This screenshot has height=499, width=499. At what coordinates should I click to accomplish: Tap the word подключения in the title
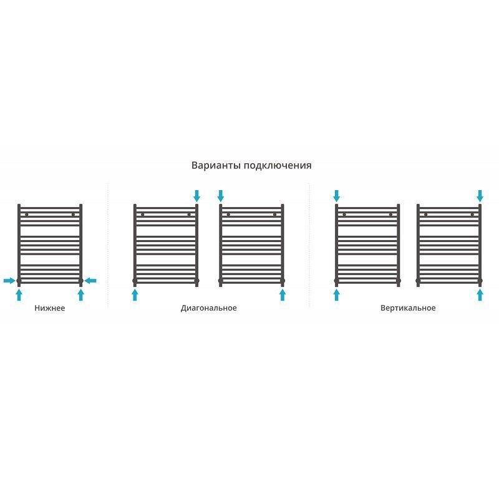click(x=278, y=166)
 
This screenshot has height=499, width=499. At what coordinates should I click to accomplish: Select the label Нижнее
click(x=50, y=308)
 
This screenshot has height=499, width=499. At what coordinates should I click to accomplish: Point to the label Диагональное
click(x=209, y=308)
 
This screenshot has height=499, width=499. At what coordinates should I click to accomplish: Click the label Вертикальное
click(x=408, y=308)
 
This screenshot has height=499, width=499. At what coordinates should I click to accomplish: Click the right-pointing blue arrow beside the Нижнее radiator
click(x=9, y=281)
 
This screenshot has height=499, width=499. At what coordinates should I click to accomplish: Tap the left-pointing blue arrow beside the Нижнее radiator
click(x=90, y=281)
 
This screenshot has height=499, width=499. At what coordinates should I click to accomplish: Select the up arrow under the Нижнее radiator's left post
click(x=19, y=295)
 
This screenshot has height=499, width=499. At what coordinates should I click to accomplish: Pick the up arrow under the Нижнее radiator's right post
click(x=81, y=295)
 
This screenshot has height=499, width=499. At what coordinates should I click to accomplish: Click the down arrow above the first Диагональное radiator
click(x=196, y=196)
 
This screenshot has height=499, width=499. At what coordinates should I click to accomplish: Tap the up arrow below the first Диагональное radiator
click(x=135, y=295)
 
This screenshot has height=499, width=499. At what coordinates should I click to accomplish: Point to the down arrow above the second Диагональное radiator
click(x=221, y=196)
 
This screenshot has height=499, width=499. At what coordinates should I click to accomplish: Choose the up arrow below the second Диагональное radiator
click(x=283, y=295)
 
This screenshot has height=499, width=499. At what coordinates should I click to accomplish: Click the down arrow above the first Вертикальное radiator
click(x=336, y=196)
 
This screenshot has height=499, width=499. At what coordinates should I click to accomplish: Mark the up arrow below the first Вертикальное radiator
click(x=336, y=295)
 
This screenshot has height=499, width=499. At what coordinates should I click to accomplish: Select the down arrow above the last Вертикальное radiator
click(x=480, y=196)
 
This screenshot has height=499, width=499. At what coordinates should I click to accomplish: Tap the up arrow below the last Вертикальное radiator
click(x=480, y=295)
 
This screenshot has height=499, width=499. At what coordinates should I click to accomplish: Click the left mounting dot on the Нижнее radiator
click(x=27, y=215)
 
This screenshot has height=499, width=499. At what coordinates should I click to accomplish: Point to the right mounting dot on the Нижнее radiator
click(x=73, y=215)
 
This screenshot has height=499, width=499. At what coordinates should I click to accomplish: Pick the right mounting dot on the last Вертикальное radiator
click(x=472, y=215)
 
